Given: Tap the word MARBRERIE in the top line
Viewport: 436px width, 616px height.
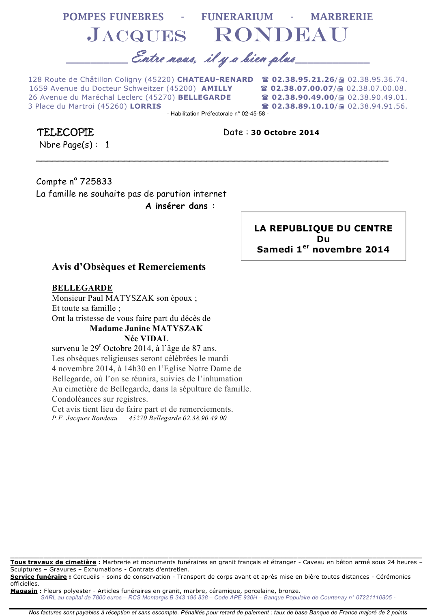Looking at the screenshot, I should pyautogui.click(x=341, y=17).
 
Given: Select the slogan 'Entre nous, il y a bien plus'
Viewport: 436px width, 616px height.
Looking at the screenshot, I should pyautogui.click(x=214, y=58).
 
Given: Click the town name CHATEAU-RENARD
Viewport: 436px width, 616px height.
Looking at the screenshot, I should pyautogui.click(x=215, y=79).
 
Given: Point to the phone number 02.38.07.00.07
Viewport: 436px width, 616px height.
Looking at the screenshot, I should pyautogui.click(x=302, y=88).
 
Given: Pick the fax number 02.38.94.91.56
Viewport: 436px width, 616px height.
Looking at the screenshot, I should pyautogui.click(x=377, y=106).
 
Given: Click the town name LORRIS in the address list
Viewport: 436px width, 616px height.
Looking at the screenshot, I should pyautogui.click(x=145, y=106).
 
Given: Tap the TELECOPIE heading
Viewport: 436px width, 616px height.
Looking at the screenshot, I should pyautogui.click(x=66, y=133).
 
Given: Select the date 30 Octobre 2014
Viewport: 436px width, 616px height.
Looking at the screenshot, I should pyautogui.click(x=285, y=133).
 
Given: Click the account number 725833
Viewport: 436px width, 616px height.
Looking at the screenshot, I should pyautogui.click(x=96, y=182).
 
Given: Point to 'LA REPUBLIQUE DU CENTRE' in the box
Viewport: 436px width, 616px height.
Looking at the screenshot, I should pyautogui.click(x=323, y=228).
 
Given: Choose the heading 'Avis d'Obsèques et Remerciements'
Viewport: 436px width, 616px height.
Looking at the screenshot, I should pyautogui.click(x=129, y=267).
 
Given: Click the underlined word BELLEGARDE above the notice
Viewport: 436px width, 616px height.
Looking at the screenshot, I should pyautogui.click(x=82, y=288).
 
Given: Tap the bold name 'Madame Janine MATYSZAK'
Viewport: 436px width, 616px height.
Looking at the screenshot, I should pyautogui.click(x=146, y=328).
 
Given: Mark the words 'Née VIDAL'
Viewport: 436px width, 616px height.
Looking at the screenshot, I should pyautogui.click(x=146, y=338).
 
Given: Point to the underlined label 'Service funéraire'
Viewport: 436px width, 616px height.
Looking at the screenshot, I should pyautogui.click(x=39, y=577).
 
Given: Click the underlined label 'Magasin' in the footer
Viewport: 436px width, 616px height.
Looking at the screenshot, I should pyautogui.click(x=24, y=591).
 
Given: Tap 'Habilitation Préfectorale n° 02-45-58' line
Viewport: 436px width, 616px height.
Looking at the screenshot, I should pyautogui.click(x=217, y=113).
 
